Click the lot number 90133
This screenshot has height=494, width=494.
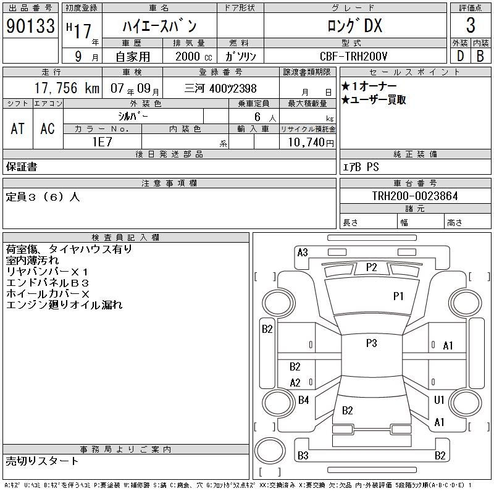pos(30,26)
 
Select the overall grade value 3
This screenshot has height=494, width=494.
pos(471,26)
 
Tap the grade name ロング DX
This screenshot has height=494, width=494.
pos(354,25)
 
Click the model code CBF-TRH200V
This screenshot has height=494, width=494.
pos(354,56)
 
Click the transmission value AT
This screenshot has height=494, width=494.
pos(17,128)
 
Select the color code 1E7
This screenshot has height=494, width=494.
pos(103,141)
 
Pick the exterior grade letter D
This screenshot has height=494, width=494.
pos(460,56)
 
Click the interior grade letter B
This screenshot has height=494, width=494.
pos(480,56)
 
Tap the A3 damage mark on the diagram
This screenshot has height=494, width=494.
pos(303,252)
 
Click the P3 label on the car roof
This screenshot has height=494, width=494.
pos(371,343)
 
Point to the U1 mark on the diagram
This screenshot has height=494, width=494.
pos(439,400)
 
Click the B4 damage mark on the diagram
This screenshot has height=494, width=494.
pos(303,400)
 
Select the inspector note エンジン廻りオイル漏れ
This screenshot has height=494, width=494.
pos(64,305)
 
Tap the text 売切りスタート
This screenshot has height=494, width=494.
pos(42,461)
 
